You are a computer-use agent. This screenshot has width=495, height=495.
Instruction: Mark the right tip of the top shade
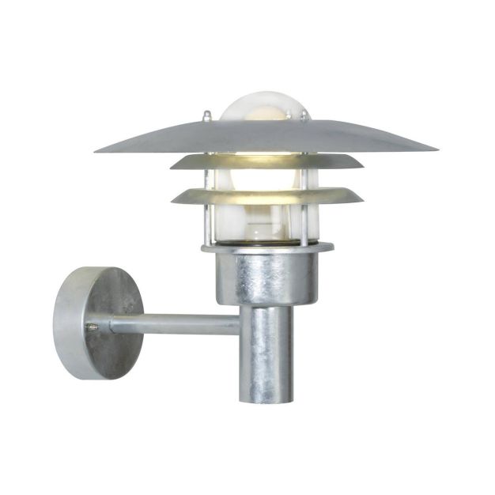tap(436, 148)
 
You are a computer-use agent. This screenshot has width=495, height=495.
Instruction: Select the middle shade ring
tap(266, 161)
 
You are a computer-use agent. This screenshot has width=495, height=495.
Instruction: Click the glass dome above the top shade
tap(262, 107)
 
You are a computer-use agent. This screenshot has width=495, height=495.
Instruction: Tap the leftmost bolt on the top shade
tap(206, 116)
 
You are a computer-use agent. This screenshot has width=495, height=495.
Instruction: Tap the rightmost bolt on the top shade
tap(302, 116)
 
